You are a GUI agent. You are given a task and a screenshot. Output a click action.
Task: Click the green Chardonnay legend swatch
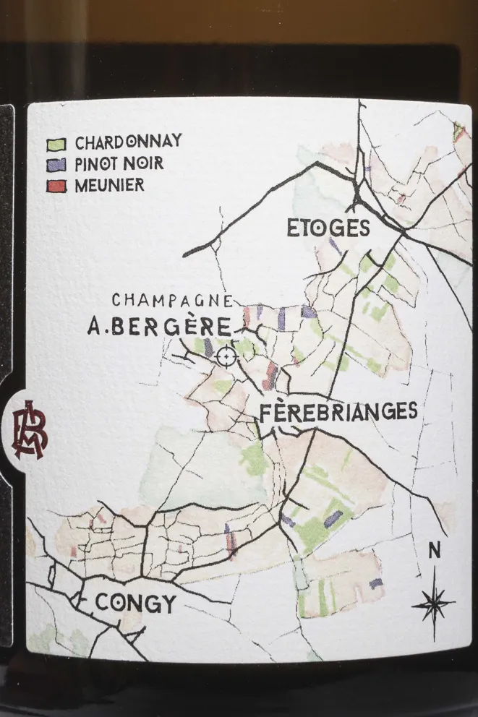[60, 143]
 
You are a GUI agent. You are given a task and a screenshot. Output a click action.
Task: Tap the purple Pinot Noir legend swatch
[60, 165]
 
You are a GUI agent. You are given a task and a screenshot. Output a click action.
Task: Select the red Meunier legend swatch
[60, 186]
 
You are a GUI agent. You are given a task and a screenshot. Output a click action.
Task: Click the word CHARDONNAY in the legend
[128, 142]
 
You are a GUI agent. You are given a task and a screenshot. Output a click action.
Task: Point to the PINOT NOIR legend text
[119, 163]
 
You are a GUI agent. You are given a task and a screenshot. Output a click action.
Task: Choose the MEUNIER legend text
[109, 185]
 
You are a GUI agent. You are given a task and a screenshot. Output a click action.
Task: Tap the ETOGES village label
[328, 228]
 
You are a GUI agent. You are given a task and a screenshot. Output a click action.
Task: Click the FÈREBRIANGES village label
[338, 412]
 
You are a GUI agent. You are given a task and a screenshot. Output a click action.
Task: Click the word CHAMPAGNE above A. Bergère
[172, 299]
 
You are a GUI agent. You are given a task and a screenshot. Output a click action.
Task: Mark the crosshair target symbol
[226, 356]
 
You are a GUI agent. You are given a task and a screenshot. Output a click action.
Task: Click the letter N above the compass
[434, 551]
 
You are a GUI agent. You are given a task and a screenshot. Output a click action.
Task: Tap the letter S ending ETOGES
[363, 228]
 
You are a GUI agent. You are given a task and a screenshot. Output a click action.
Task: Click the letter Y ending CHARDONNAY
[176, 142]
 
